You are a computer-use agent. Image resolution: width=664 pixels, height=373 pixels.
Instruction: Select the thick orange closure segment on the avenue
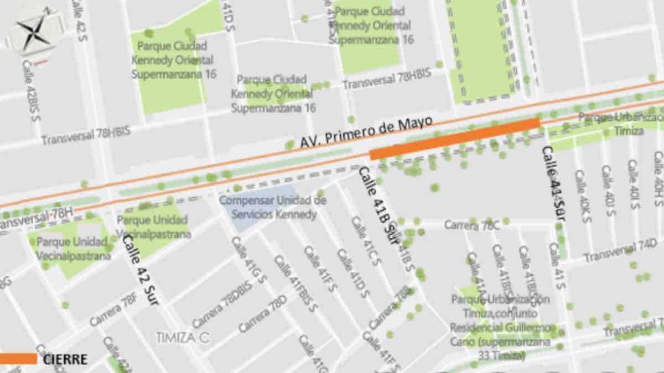click(x=454, y=138)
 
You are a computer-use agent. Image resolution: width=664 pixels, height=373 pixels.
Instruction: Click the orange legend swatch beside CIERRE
click(x=18, y=359)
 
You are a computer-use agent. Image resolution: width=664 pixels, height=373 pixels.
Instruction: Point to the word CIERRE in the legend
click(x=65, y=359)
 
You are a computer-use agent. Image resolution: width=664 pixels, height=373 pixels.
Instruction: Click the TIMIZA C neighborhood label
click(x=182, y=338)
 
